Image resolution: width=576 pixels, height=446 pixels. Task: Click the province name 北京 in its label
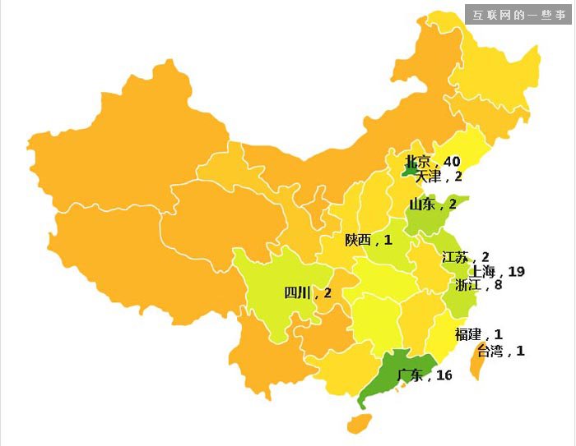click(418, 161)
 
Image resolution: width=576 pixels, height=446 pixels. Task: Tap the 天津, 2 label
click(439, 176)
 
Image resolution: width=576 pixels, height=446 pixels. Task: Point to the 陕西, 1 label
click(369, 240)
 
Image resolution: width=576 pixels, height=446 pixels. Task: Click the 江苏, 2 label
click(466, 257)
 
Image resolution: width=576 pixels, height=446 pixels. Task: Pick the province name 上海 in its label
click(482, 271)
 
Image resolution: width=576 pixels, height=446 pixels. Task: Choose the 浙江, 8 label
click(478, 285)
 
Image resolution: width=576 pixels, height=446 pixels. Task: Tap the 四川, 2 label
click(308, 293)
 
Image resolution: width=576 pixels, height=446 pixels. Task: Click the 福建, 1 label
click(478, 334)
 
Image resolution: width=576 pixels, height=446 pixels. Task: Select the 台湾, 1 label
click(500, 351)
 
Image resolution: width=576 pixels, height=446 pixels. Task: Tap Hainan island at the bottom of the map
click(358, 423)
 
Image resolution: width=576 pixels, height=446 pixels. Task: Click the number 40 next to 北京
click(452, 161)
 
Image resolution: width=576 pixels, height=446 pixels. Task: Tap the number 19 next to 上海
click(517, 271)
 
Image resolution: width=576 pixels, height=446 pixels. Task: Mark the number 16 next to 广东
click(444, 375)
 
